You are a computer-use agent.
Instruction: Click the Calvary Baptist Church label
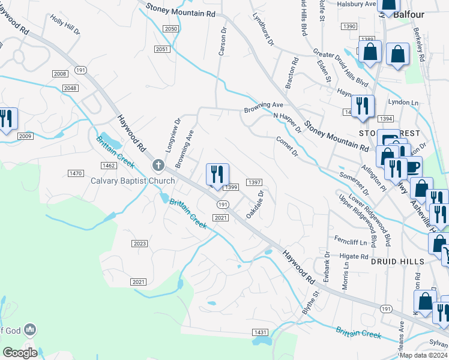133,181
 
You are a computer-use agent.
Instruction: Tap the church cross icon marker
158,165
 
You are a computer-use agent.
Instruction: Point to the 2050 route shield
171,29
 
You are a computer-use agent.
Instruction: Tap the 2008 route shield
60,74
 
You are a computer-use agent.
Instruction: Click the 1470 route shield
76,173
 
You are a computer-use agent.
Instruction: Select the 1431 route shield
260,332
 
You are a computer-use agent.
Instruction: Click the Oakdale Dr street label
255,205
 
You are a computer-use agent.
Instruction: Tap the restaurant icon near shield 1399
217,174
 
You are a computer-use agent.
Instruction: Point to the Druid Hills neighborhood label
397,262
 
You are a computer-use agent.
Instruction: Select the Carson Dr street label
223,42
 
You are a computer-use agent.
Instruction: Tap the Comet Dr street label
287,146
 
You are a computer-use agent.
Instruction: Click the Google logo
20,353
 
